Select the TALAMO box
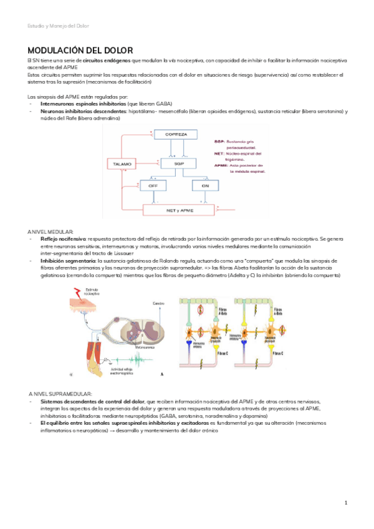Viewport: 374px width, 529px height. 122,163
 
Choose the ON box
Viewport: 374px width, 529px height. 205,186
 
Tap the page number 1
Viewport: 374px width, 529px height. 345,502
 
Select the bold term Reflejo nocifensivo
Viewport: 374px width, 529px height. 64,239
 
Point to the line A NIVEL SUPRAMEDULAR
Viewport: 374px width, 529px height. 60,394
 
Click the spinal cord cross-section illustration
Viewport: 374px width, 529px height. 143,330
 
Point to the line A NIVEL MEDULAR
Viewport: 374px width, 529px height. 50,231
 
